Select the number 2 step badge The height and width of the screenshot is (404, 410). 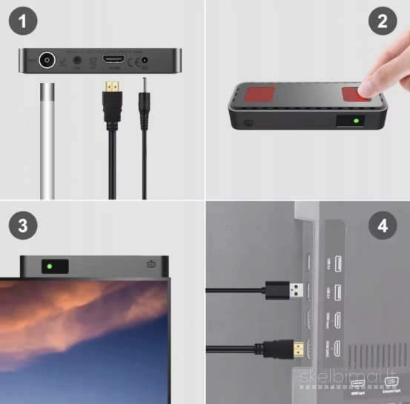(x=382, y=21)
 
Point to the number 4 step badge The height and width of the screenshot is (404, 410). (x=382, y=226)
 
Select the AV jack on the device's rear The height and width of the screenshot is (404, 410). (x=77, y=60)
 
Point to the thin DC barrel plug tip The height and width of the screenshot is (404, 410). (x=142, y=80)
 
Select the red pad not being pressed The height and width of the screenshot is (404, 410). (x=254, y=96)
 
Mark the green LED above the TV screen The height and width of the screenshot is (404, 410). (x=49, y=265)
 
